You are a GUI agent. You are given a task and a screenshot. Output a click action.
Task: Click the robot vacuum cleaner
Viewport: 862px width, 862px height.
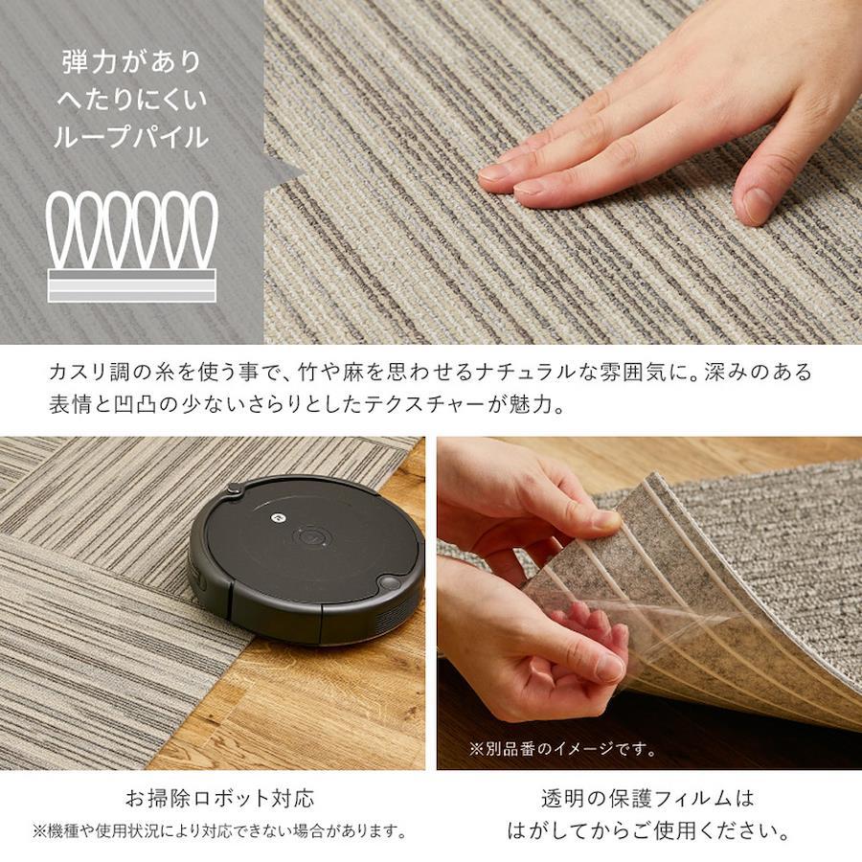tap(306, 559)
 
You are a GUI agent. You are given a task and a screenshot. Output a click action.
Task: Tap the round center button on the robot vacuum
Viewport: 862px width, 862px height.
tap(311, 536)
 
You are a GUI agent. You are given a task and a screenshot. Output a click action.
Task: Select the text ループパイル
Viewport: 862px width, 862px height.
tap(131, 136)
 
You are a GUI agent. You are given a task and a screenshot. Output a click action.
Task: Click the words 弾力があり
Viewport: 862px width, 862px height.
tap(132, 61)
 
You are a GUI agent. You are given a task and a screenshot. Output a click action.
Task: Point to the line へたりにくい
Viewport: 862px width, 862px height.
tap(131, 99)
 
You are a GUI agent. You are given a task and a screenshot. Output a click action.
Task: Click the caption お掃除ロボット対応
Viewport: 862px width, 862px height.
tap(220, 798)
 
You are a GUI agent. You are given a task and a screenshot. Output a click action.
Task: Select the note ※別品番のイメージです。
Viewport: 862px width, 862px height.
tap(563, 749)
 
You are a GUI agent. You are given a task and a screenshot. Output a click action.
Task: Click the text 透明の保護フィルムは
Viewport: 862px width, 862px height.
tap(647, 798)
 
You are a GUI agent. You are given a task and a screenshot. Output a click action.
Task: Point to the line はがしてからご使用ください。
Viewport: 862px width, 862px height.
tap(648, 830)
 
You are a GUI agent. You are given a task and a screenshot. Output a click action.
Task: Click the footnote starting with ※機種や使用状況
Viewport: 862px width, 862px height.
tap(220, 830)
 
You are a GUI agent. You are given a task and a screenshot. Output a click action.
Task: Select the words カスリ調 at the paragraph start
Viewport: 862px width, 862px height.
tap(90, 373)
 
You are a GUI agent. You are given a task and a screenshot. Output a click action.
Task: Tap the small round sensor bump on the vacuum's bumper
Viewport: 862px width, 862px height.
tap(389, 582)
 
